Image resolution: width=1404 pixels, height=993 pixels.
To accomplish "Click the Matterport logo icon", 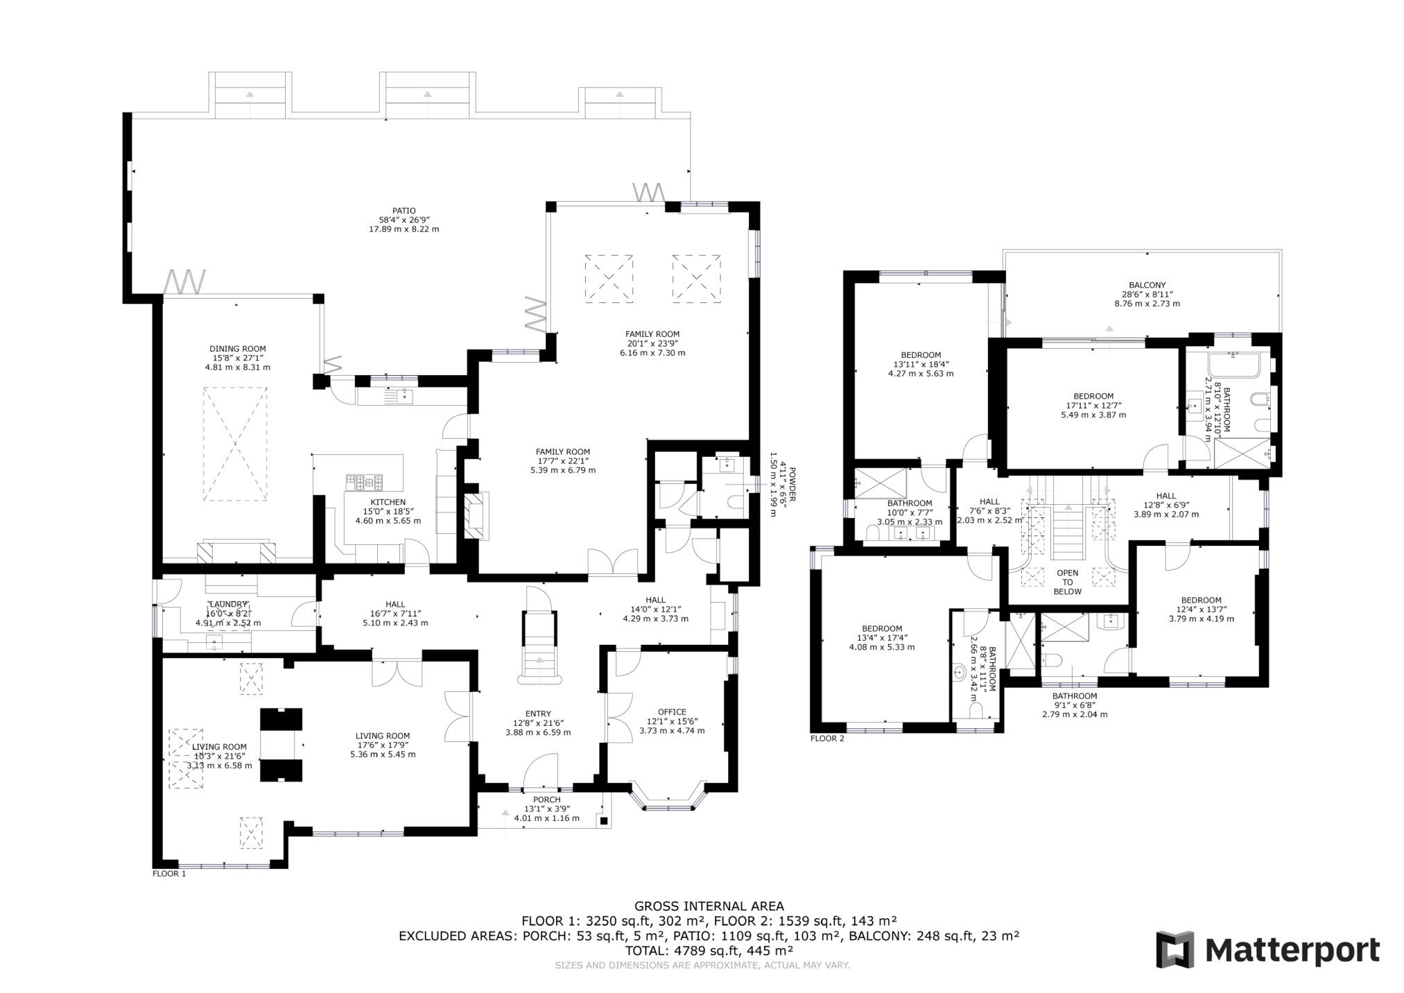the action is pyautogui.click(x=1176, y=949).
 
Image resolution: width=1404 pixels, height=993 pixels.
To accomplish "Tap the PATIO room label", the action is pyautogui.click(x=404, y=211).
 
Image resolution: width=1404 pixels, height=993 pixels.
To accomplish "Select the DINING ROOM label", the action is pyautogui.click(x=238, y=349).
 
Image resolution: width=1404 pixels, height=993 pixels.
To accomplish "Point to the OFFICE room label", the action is pyautogui.click(x=672, y=711).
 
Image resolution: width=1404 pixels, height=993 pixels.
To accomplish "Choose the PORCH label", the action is pyautogui.click(x=546, y=800).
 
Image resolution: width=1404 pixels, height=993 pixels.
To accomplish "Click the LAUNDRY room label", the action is pyautogui.click(x=228, y=604).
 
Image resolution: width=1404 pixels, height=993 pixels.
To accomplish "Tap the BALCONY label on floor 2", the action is pyautogui.click(x=1147, y=285).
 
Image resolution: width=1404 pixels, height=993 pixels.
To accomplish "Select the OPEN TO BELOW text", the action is pyautogui.click(x=1067, y=582).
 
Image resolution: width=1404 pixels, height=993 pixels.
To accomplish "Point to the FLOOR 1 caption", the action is pyautogui.click(x=169, y=874).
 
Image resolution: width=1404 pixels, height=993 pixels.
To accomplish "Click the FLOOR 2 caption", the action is pyautogui.click(x=827, y=739).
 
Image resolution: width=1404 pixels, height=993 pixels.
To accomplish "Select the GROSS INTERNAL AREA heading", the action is pyautogui.click(x=709, y=906).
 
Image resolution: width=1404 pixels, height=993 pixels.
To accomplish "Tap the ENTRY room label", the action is pyautogui.click(x=538, y=714).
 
